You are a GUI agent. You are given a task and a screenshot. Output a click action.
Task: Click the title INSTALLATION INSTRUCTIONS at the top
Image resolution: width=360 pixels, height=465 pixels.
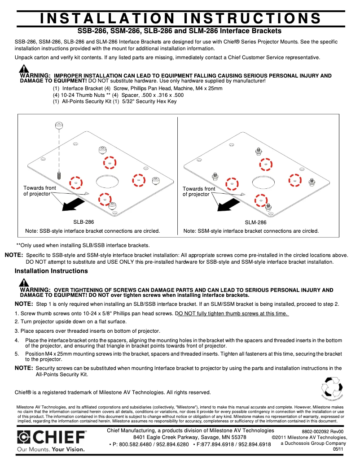click(x=180, y=18)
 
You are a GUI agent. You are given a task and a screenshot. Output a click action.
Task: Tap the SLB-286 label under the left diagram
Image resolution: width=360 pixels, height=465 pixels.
click(x=83, y=222)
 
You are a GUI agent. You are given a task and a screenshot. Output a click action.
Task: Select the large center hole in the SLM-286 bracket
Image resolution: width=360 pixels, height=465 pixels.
click(x=263, y=181)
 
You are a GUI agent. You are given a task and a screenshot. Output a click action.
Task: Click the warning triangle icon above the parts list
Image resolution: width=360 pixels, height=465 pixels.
click(x=24, y=69)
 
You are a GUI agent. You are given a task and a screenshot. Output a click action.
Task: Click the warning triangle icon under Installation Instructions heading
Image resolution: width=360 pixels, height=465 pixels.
click(x=24, y=283)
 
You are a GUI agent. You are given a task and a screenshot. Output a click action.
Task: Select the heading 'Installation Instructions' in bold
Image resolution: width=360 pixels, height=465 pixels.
click(x=51, y=271)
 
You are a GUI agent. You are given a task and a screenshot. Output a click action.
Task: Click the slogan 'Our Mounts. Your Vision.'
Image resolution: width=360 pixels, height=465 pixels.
click(x=50, y=449)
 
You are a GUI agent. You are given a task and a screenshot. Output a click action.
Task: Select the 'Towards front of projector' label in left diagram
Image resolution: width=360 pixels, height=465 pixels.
click(x=40, y=191)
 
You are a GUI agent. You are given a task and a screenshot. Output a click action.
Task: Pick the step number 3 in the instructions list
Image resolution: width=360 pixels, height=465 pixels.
click(x=16, y=331)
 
